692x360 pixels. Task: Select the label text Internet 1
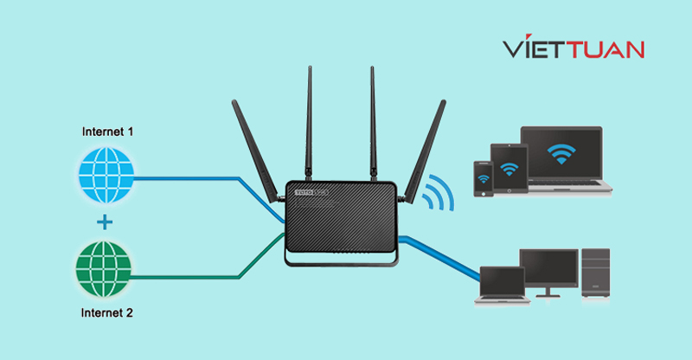[x=108, y=132]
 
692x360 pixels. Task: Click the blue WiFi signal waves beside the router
[x=442, y=193]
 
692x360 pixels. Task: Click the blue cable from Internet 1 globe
[x=199, y=178]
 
